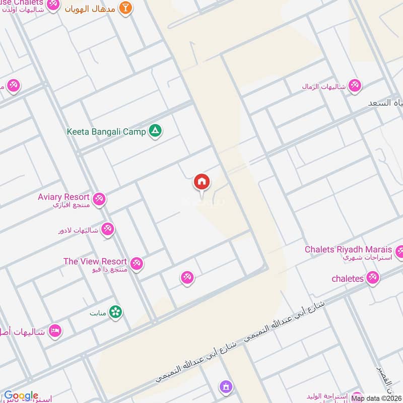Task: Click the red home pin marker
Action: [x=202, y=182]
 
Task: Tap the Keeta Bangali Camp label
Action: [x=106, y=132]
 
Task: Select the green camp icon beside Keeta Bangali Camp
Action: [x=156, y=131]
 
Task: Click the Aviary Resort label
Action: [x=63, y=197]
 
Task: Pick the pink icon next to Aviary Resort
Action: [x=99, y=199]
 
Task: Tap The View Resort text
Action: [x=95, y=261]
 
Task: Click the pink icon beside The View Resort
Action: [x=137, y=263]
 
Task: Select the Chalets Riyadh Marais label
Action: [x=348, y=249]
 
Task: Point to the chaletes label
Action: [x=348, y=278]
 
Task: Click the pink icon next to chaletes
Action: [x=373, y=277]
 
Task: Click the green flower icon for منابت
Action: [x=116, y=312]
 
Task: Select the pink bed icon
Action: [x=55, y=331]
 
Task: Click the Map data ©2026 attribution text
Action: [x=376, y=398]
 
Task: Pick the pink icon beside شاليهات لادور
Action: [x=107, y=230]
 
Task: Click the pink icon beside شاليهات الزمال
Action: [x=355, y=86]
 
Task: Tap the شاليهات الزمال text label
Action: [x=324, y=87]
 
